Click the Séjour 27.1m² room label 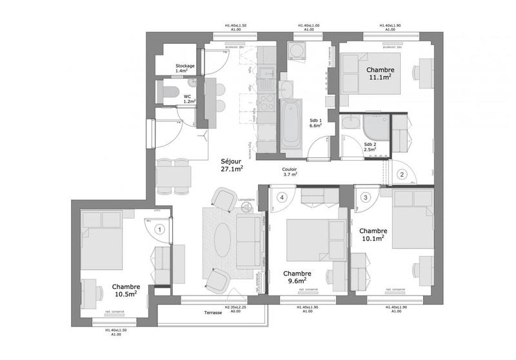click(232, 165)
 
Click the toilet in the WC click(168, 92)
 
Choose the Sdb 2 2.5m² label click(370, 146)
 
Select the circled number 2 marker click(401, 174)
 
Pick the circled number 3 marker click(366, 197)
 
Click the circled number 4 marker click(281, 197)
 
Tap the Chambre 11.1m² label click(381, 73)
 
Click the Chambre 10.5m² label click(126, 290)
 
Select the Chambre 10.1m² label click(373, 234)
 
